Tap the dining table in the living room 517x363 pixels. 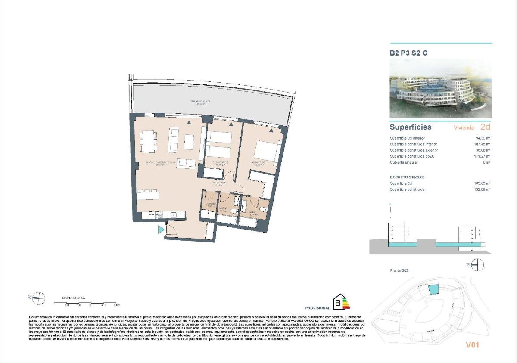coord(148,141)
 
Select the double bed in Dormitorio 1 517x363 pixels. coord(267,151)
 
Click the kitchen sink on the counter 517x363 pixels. coord(174,214)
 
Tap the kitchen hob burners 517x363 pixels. coord(158,214)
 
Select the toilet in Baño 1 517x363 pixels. coord(263,210)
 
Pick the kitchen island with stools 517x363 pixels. coord(148,195)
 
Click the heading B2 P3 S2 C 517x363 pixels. coord(409,53)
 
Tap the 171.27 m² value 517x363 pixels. coord(482,156)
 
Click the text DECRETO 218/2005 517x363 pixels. coord(408,177)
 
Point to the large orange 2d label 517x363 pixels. coord(485,127)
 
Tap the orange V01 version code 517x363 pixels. coord(472,344)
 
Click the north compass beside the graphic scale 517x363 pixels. coord(39,297)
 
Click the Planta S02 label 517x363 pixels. coord(399,270)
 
